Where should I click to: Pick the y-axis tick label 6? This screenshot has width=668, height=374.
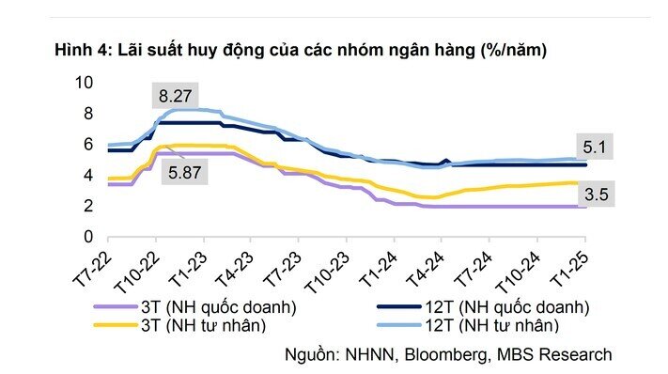coord(88,144)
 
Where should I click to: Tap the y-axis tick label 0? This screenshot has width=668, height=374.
coord(88,236)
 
